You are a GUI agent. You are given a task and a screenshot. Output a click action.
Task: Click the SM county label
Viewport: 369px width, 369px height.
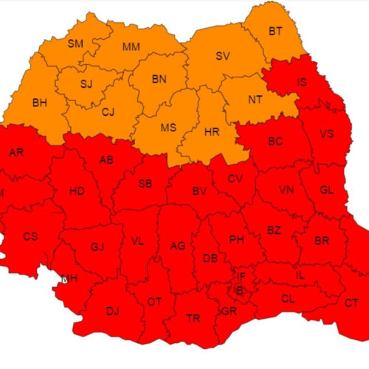point(75,44)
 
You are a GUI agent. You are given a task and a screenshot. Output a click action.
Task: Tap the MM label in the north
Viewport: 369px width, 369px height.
point(131,47)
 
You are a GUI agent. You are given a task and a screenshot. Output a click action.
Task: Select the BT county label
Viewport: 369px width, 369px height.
point(275,30)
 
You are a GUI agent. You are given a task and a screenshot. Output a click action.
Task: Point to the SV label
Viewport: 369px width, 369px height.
point(222,56)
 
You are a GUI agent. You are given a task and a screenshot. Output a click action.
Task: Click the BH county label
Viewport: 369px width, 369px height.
point(39,103)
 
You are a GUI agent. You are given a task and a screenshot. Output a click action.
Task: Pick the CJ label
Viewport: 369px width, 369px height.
point(108,112)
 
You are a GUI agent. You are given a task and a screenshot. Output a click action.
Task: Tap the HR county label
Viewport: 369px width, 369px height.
point(211,131)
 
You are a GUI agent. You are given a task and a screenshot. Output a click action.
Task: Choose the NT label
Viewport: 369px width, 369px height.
point(255,100)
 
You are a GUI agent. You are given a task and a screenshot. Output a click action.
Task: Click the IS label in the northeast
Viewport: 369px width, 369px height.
point(303,83)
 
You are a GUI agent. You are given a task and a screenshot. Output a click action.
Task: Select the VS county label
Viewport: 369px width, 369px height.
point(328,134)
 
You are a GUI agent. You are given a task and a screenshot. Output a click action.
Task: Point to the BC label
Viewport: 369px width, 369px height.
point(275,140)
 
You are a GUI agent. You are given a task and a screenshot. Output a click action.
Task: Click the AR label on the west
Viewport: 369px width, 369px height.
point(15,153)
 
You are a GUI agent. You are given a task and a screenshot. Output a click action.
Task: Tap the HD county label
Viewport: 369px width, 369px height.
point(77,191)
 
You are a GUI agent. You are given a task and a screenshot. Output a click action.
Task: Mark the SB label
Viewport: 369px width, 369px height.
point(145,184)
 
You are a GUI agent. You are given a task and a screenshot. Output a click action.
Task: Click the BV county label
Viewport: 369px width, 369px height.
point(199,191)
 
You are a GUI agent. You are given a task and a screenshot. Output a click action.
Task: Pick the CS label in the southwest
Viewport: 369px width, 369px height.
point(30,237)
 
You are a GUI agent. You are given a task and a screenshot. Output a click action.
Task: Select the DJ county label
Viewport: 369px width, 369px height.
point(112,311)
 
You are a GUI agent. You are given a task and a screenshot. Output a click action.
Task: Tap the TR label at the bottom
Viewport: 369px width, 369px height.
point(193,318)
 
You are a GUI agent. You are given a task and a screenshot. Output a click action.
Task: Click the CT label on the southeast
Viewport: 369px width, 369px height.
point(351,303)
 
